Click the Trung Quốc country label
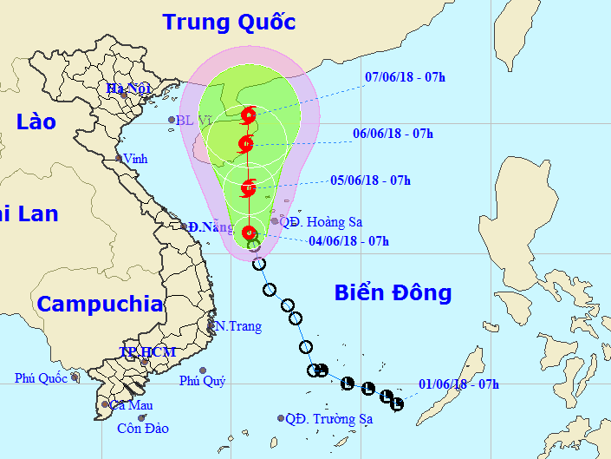pos(229,22)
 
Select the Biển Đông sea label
pos(393,293)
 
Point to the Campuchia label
pos(100,305)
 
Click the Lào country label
pos(36,122)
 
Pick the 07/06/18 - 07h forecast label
pos(406,77)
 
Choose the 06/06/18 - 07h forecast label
pos(393,134)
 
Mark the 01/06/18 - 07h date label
pos(458,384)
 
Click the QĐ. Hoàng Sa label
pos(321,222)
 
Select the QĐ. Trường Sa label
pos(328,419)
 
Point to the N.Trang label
pos(235,327)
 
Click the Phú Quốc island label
pos(41,378)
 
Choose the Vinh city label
pos(135,159)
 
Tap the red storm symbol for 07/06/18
pos(250,114)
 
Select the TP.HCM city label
pos(147,351)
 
